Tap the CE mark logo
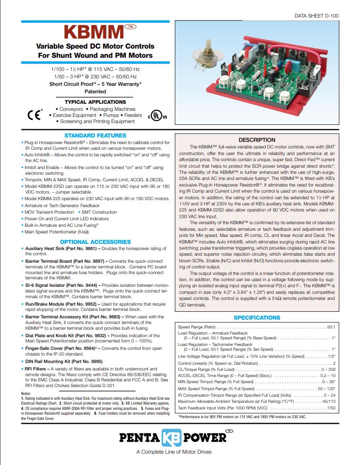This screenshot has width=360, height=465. (34, 115)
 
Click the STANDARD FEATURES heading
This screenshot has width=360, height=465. (95, 136)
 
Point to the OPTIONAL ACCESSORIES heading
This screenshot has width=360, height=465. (95, 242)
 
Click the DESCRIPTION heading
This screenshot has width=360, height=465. (257, 140)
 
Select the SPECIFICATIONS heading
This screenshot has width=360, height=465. (257, 317)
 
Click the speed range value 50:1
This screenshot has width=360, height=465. (331, 327)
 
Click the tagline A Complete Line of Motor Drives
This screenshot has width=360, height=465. (174, 452)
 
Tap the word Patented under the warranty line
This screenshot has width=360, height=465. (95, 92)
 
